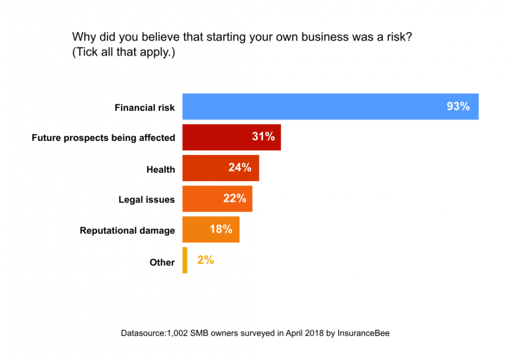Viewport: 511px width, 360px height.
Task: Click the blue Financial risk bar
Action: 315,107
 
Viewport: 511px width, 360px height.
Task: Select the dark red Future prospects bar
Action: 217,137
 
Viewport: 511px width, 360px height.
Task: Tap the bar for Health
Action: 207,168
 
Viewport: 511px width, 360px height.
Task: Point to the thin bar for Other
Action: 185,260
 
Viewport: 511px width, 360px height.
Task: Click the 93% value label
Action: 458,107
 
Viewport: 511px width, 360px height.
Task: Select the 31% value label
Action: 263,137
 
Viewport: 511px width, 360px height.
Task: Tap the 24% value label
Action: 240,168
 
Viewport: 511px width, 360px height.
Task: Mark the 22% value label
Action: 235,198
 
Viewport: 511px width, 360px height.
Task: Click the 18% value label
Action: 221,229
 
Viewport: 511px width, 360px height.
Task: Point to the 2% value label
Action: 205,260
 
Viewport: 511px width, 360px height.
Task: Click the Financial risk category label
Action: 145,108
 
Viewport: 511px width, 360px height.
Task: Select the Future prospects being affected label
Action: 103,138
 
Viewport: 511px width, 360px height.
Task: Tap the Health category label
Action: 160,170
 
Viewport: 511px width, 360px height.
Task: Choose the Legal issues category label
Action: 147,200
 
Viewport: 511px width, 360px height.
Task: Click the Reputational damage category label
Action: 127,231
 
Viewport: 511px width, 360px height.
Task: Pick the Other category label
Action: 162,263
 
